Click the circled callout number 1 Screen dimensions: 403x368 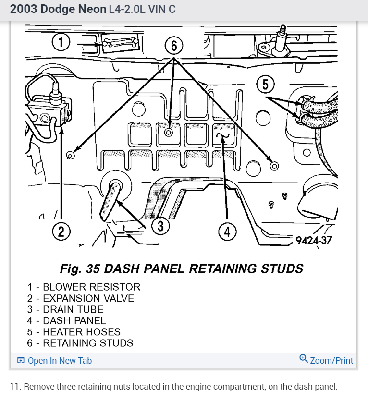(61, 43)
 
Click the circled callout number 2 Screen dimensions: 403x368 (61, 232)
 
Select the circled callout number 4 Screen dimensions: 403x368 (227, 232)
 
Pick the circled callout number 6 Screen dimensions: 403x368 (174, 47)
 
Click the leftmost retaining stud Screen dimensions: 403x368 (70, 155)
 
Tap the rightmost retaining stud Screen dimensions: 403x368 (274, 166)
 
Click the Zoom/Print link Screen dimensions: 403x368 (326, 360)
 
